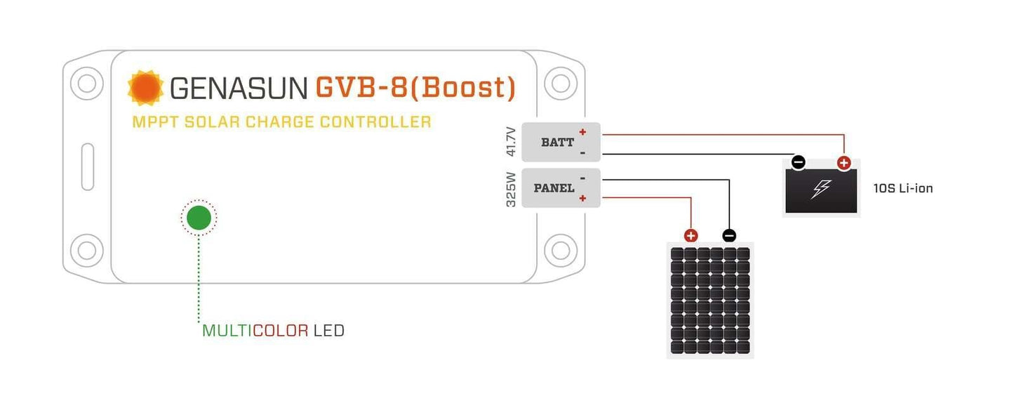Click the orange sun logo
145,88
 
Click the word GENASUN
239,88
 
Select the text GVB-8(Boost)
415,87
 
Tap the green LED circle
199,218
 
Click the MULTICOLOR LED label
273,330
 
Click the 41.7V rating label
511,142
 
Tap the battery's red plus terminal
843,163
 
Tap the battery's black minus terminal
799,163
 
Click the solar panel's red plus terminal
691,236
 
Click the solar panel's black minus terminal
729,236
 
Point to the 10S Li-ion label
903,188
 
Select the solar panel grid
710,301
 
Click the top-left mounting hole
86,84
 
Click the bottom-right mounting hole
560,250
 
